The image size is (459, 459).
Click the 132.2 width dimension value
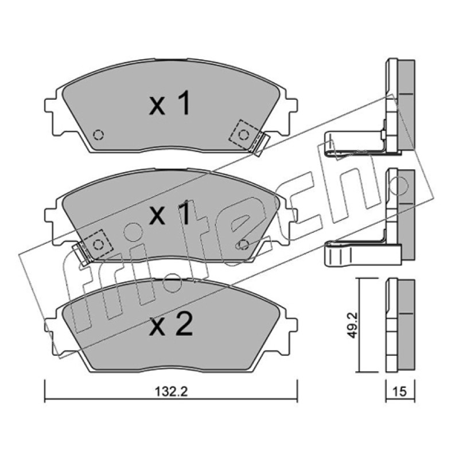(x=171, y=392)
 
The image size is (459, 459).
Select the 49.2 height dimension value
(x=352, y=325)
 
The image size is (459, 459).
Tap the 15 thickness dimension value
(x=400, y=391)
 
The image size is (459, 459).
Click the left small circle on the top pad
(x=98, y=135)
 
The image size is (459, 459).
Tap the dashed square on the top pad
(x=243, y=135)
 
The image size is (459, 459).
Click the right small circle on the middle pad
(x=243, y=244)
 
